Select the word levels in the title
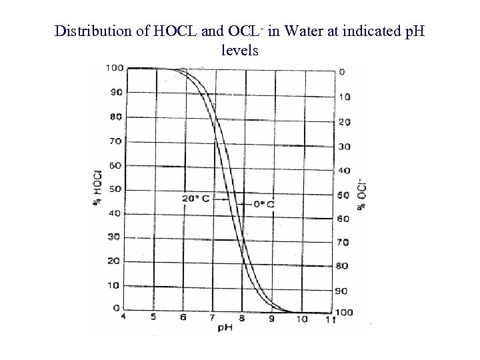coord(239,49)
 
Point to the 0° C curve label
coord(262,203)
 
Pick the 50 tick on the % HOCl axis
coord(115,189)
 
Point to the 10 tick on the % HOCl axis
coord(115,285)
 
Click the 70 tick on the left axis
coord(115,141)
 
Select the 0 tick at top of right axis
coord(342,72)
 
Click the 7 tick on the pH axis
coord(213,318)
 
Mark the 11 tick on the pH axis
coord(329,320)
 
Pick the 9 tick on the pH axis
coord(271,319)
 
